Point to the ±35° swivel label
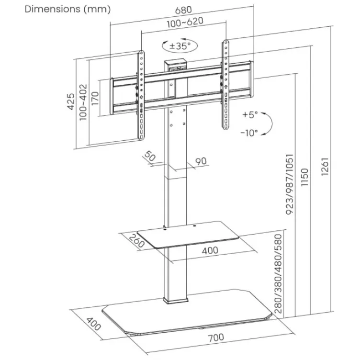[x=180, y=46]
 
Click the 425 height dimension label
[x=71, y=102]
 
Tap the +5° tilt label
[x=249, y=115]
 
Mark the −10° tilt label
[x=249, y=132]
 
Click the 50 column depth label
[x=150, y=156]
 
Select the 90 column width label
[x=201, y=161]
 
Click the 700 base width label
[x=216, y=337]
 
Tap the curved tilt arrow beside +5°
[x=268, y=124]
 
